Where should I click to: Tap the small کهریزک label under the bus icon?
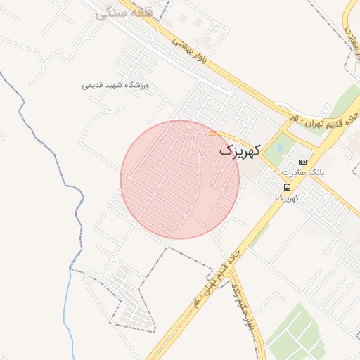click(x=287, y=198)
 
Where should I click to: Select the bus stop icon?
click(x=287, y=186)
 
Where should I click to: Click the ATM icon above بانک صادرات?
click(x=302, y=162)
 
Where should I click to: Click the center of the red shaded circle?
click(x=180, y=179)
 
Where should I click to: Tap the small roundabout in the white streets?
click(x=113, y=257)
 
